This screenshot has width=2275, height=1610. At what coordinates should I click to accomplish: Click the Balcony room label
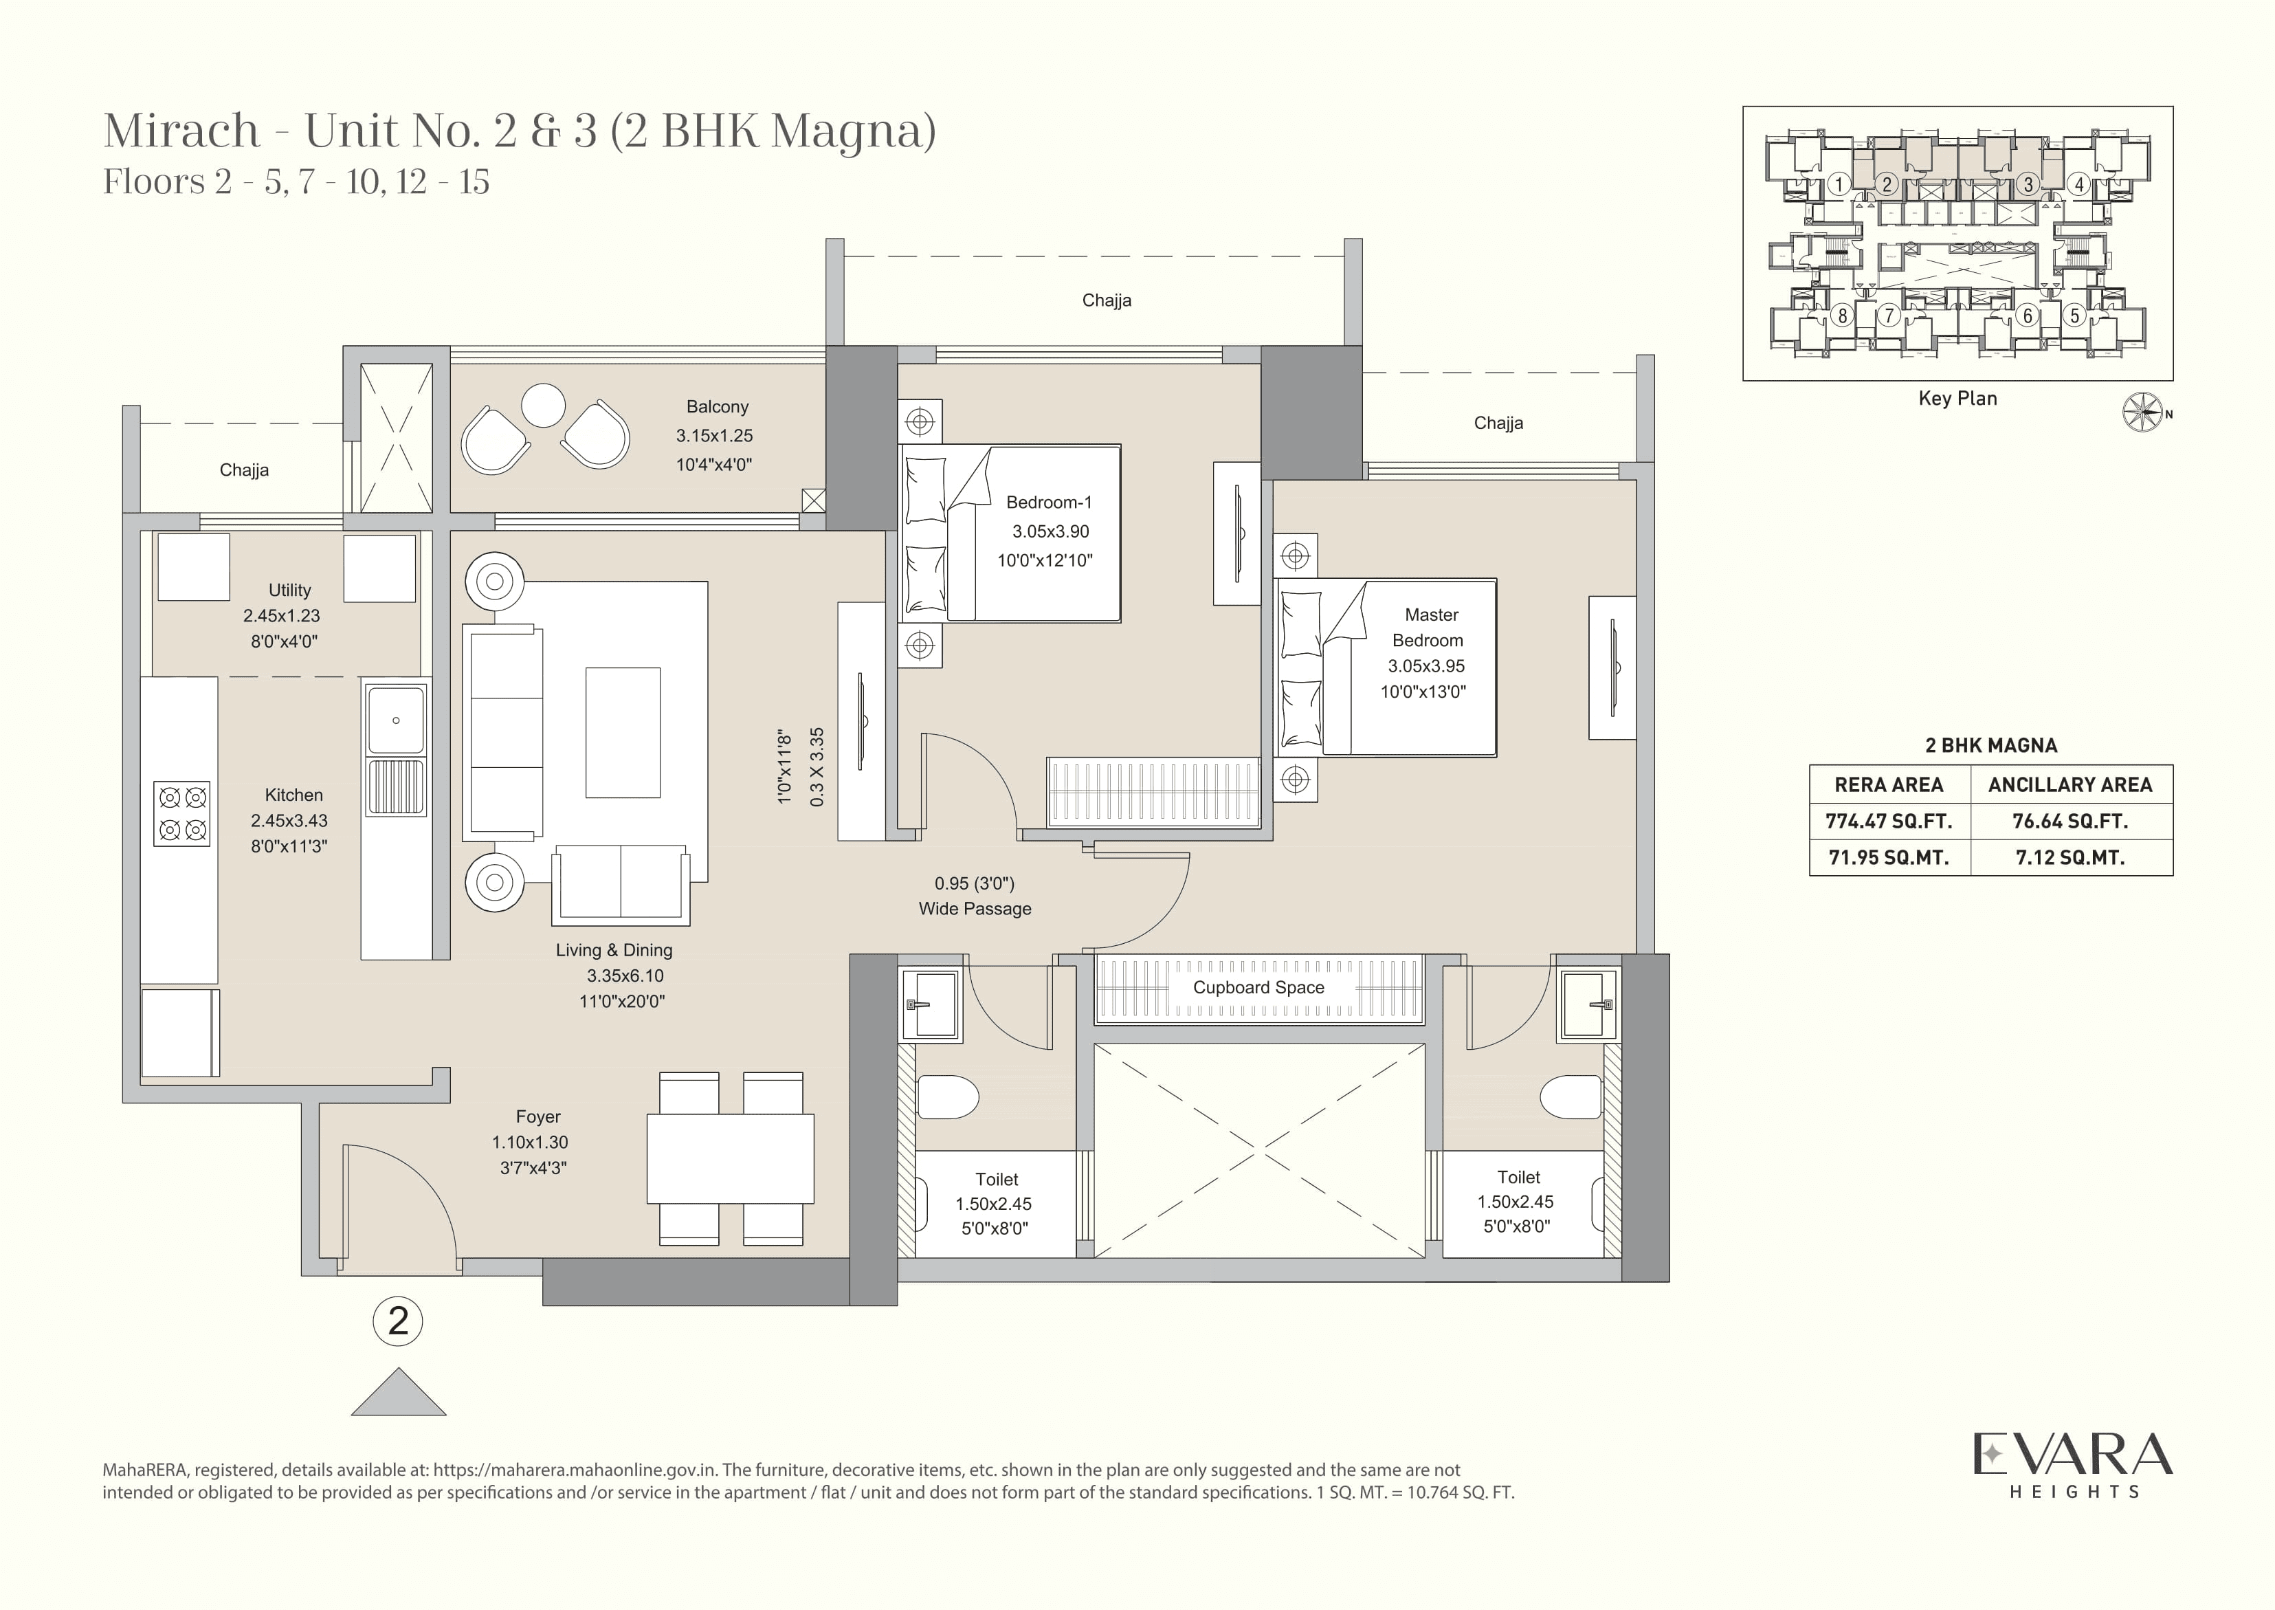[717, 406]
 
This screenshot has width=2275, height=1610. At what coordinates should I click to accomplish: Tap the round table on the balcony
[543, 406]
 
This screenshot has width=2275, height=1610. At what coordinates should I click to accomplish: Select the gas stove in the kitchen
[182, 813]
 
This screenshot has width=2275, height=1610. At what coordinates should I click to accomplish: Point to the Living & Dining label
[614, 950]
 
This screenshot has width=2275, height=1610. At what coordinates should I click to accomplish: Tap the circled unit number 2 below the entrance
[397, 1321]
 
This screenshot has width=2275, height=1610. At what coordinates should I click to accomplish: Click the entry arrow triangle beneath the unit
[399, 1395]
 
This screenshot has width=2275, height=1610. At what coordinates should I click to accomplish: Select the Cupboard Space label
[1258, 987]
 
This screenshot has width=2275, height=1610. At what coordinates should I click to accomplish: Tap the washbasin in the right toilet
[1586, 1004]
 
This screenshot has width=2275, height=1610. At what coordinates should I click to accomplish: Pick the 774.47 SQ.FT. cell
[1889, 821]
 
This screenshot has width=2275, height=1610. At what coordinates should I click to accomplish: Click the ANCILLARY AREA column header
[2069, 785]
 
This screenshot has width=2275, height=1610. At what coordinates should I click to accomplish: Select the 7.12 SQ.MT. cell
[2069, 857]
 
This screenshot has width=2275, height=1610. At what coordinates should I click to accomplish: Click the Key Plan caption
[1957, 399]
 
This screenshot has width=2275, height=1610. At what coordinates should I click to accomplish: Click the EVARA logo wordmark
[2072, 1455]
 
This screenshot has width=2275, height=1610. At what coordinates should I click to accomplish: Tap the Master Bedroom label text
[1430, 628]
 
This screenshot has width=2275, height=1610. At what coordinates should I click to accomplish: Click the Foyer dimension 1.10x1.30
[531, 1142]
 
